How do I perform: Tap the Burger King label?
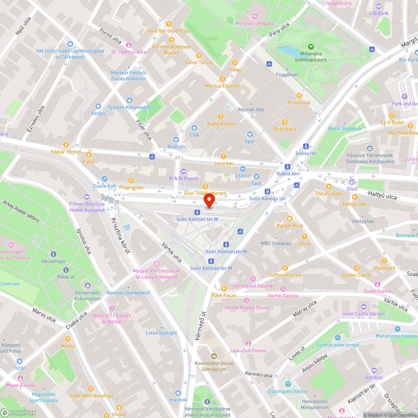(289, 226)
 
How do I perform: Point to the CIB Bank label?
(379, 13)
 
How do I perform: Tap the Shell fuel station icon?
(352, 182)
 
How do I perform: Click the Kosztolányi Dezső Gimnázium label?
(214, 366)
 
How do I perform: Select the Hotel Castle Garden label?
(357, 314)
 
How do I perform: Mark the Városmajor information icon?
(54, 254)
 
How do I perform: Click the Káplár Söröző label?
(66, 151)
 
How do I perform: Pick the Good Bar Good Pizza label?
(168, 31)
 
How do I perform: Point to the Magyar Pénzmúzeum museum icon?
(157, 264)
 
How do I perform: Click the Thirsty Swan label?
(329, 194)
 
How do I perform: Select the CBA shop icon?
(194, 128)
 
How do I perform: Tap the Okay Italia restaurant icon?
(285, 122)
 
